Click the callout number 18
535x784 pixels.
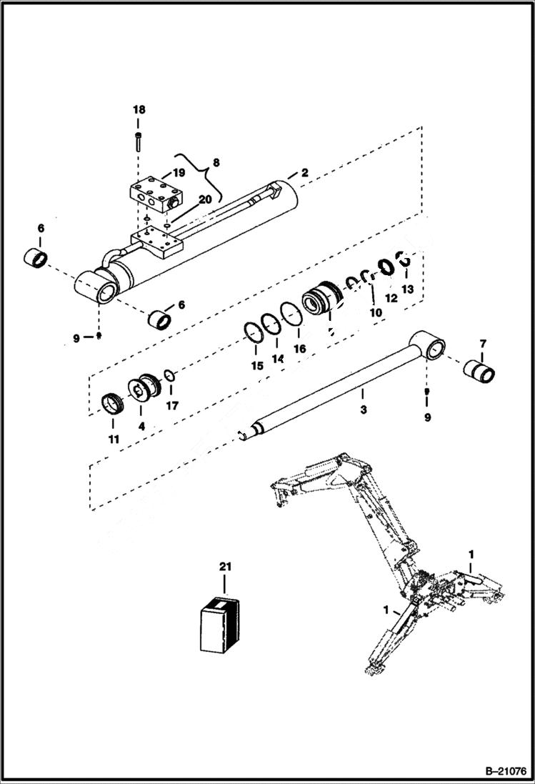pyautogui.click(x=139, y=109)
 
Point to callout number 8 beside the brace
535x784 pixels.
pyautogui.click(x=216, y=162)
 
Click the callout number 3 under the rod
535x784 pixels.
pyautogui.click(x=363, y=411)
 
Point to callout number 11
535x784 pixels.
pyautogui.click(x=114, y=439)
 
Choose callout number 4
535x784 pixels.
pyautogui.click(x=141, y=426)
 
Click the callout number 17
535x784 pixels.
pyautogui.click(x=171, y=406)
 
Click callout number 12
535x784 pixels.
pyautogui.click(x=391, y=297)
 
